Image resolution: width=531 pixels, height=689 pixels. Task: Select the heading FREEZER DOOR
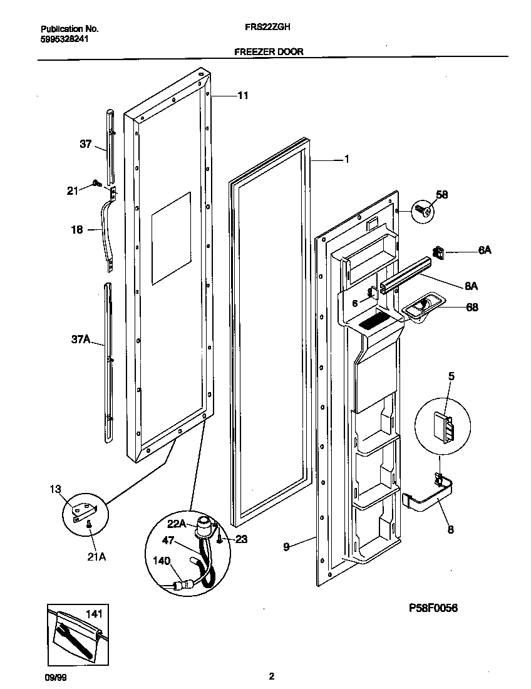[x=269, y=52]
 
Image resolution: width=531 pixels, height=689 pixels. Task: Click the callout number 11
[x=242, y=96]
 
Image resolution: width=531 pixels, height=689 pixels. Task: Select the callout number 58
[x=442, y=195]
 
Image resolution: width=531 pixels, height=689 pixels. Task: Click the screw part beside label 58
[x=421, y=211]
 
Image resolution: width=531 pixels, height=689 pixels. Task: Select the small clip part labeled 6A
[x=440, y=253]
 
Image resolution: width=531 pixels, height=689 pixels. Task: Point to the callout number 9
[x=286, y=547]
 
